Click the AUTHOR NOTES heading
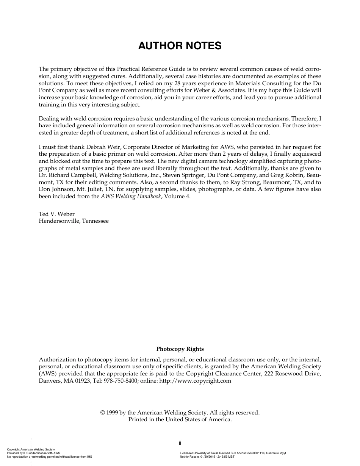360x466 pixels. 180,46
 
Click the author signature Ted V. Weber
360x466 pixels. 57,214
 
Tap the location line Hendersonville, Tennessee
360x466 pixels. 74,221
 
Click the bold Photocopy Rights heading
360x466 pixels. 180,349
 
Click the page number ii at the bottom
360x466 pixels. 180,443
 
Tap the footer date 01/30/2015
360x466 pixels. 208,457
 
